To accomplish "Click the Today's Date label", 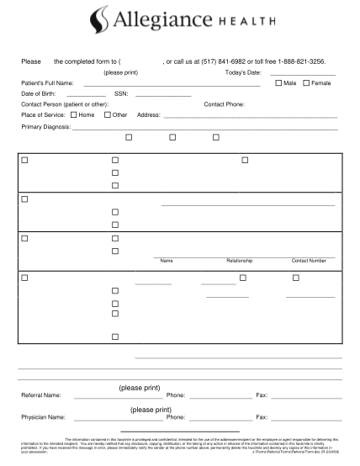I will (244, 73).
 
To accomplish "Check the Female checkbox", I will (307, 83).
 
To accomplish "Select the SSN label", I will (120, 94).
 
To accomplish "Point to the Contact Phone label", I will (224, 104).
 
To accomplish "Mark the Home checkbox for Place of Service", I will (74, 114).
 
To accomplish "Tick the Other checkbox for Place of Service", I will (107, 114).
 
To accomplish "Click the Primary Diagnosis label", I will (45, 127).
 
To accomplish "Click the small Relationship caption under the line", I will (239, 261).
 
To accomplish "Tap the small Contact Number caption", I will (309, 261).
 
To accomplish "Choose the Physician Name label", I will (43, 416).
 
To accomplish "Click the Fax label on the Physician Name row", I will (262, 416).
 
